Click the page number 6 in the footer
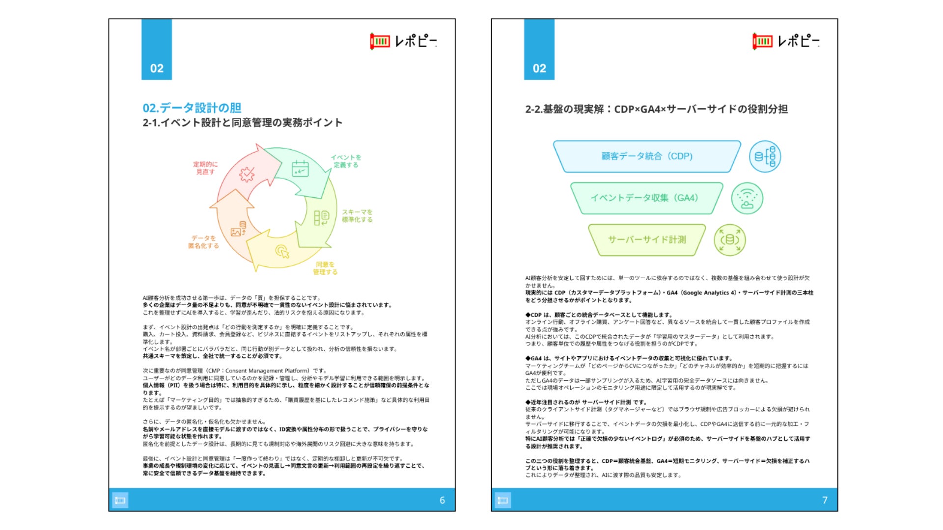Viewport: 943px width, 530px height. point(442,500)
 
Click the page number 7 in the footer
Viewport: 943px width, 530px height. point(825,500)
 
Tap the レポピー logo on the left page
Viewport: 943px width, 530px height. point(403,41)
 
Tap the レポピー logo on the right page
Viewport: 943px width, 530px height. point(786,41)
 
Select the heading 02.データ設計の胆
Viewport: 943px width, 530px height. point(192,108)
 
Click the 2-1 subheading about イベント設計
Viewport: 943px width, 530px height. point(242,123)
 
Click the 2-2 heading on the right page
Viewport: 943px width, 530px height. point(656,109)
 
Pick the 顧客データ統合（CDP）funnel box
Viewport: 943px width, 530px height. point(647,157)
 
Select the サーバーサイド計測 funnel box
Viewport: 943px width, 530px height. point(647,240)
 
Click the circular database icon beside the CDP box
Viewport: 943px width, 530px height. point(765,157)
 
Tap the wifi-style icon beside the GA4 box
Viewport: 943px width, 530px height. point(747,198)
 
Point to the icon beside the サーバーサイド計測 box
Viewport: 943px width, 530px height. point(730,240)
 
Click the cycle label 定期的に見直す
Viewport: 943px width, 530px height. point(205,168)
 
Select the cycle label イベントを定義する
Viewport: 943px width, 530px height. point(346,161)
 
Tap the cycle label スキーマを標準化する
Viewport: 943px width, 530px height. point(357,216)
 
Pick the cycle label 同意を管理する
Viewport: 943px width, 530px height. point(325,268)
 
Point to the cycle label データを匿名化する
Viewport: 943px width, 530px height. point(203,242)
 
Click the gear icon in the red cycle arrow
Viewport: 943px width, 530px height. point(247,174)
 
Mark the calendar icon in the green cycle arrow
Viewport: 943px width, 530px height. point(300,168)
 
